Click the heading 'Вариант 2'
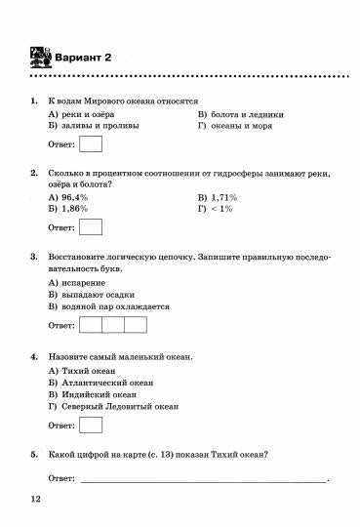(83, 58)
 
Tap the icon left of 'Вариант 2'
(38, 57)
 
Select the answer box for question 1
(91, 144)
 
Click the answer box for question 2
(91, 227)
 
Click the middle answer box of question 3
(113, 325)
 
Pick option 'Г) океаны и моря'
(234, 126)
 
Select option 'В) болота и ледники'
(239, 113)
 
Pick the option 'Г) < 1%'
(216, 209)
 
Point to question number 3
(34, 257)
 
